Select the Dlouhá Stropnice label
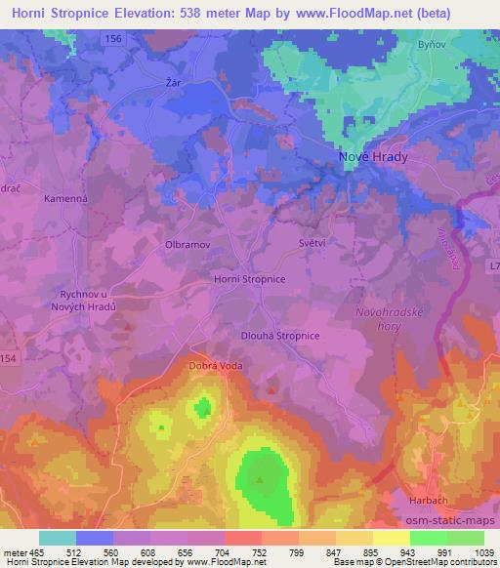click(x=280, y=336)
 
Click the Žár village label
click(x=175, y=84)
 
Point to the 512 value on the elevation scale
click(x=74, y=552)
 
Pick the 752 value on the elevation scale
click(x=259, y=552)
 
